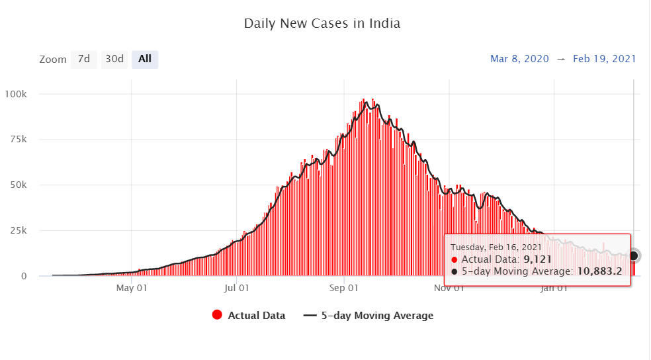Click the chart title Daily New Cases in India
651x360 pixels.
click(x=322, y=24)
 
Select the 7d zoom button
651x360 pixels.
click(x=84, y=59)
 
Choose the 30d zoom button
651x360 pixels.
click(x=114, y=59)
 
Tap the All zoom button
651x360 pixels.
click(x=145, y=59)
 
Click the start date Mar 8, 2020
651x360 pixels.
click(x=519, y=59)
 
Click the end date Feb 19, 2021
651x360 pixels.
click(x=605, y=59)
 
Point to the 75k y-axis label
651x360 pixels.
click(x=17, y=140)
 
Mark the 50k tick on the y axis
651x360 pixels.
click(x=17, y=185)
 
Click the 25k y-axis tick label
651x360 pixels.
click(x=17, y=231)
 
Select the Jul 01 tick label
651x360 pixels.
click(x=236, y=289)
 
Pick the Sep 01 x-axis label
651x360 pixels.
click(x=344, y=289)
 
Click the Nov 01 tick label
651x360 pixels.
click(x=449, y=289)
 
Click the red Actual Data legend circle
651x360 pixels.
click(x=216, y=316)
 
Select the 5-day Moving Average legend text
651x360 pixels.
click(x=377, y=316)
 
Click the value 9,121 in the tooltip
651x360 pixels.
click(x=538, y=259)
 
